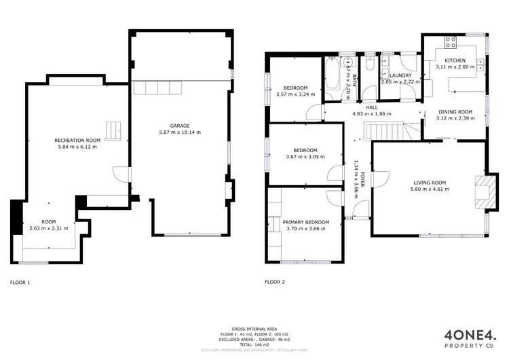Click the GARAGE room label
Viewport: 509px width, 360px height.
180,125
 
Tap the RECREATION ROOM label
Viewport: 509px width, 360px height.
77,140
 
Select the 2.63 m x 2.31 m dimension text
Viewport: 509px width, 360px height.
49,230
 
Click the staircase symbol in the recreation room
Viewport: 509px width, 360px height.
113,129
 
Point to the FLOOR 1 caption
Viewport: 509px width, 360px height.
20,281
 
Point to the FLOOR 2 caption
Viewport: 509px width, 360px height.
275,281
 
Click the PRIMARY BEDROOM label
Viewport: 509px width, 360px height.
306,222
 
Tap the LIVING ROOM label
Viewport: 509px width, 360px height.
430,182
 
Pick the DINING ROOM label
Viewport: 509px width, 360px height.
455,111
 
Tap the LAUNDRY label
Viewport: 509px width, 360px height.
400,75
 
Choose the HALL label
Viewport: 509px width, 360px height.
372,107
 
